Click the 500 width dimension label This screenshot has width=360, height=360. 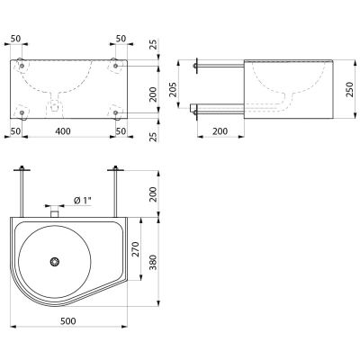67,321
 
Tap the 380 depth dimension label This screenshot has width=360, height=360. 153,263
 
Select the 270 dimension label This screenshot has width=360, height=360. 136,249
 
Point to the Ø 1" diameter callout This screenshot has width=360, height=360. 82,200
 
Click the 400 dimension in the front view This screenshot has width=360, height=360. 63,131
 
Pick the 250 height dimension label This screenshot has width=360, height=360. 349,89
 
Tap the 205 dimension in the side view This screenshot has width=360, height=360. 173,89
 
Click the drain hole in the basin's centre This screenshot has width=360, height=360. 55,262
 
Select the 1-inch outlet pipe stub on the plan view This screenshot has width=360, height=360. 54,211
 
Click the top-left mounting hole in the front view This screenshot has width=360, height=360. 22,66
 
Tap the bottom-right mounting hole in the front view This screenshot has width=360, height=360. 116,112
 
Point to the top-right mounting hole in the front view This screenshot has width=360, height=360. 116,66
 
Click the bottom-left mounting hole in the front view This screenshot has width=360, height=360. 22,112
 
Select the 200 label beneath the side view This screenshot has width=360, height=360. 220,131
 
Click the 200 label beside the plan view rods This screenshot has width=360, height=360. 153,194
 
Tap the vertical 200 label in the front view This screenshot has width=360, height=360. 153,94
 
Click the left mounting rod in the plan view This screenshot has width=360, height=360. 22,191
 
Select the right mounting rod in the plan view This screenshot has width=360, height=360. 115,191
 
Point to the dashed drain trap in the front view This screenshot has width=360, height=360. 54,105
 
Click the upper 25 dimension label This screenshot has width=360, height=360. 153,44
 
